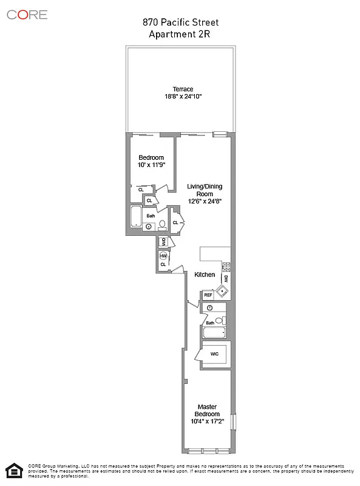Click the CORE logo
click(27, 15)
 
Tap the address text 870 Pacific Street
click(180, 22)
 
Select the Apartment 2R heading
click(180, 34)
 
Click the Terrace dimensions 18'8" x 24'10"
click(183, 97)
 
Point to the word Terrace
click(183, 89)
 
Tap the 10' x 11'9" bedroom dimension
click(151, 165)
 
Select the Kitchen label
click(205, 275)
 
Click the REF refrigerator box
click(208, 295)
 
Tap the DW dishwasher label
click(226, 278)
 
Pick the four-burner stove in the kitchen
click(226, 266)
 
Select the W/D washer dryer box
click(163, 242)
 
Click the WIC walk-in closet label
click(214, 354)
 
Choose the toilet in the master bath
click(222, 320)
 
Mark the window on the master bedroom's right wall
click(231, 423)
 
